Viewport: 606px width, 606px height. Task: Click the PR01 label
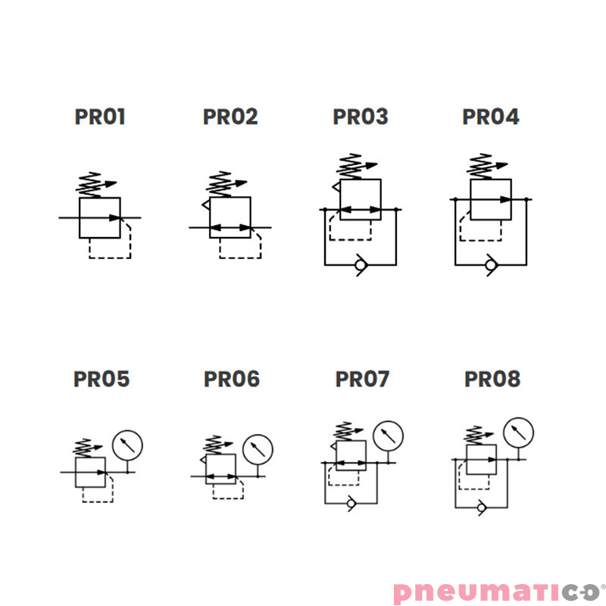[100, 117]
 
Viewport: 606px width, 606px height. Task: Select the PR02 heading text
[230, 117]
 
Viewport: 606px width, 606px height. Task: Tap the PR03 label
[361, 117]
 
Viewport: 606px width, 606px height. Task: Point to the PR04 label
[491, 117]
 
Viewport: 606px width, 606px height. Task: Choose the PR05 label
[102, 379]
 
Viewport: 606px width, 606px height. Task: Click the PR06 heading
[232, 379]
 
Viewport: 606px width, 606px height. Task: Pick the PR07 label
[362, 379]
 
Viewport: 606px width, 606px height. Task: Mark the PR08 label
[492, 379]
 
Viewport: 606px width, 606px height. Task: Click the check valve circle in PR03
[361, 265]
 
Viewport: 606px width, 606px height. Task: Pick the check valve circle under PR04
[490, 265]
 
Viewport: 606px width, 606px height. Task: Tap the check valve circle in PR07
[351, 503]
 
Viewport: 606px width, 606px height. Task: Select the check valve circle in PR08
[481, 507]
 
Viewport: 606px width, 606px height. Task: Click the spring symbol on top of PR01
[89, 185]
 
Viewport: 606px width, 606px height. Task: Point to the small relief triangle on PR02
[206, 205]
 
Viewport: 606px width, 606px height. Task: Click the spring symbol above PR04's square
[480, 166]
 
